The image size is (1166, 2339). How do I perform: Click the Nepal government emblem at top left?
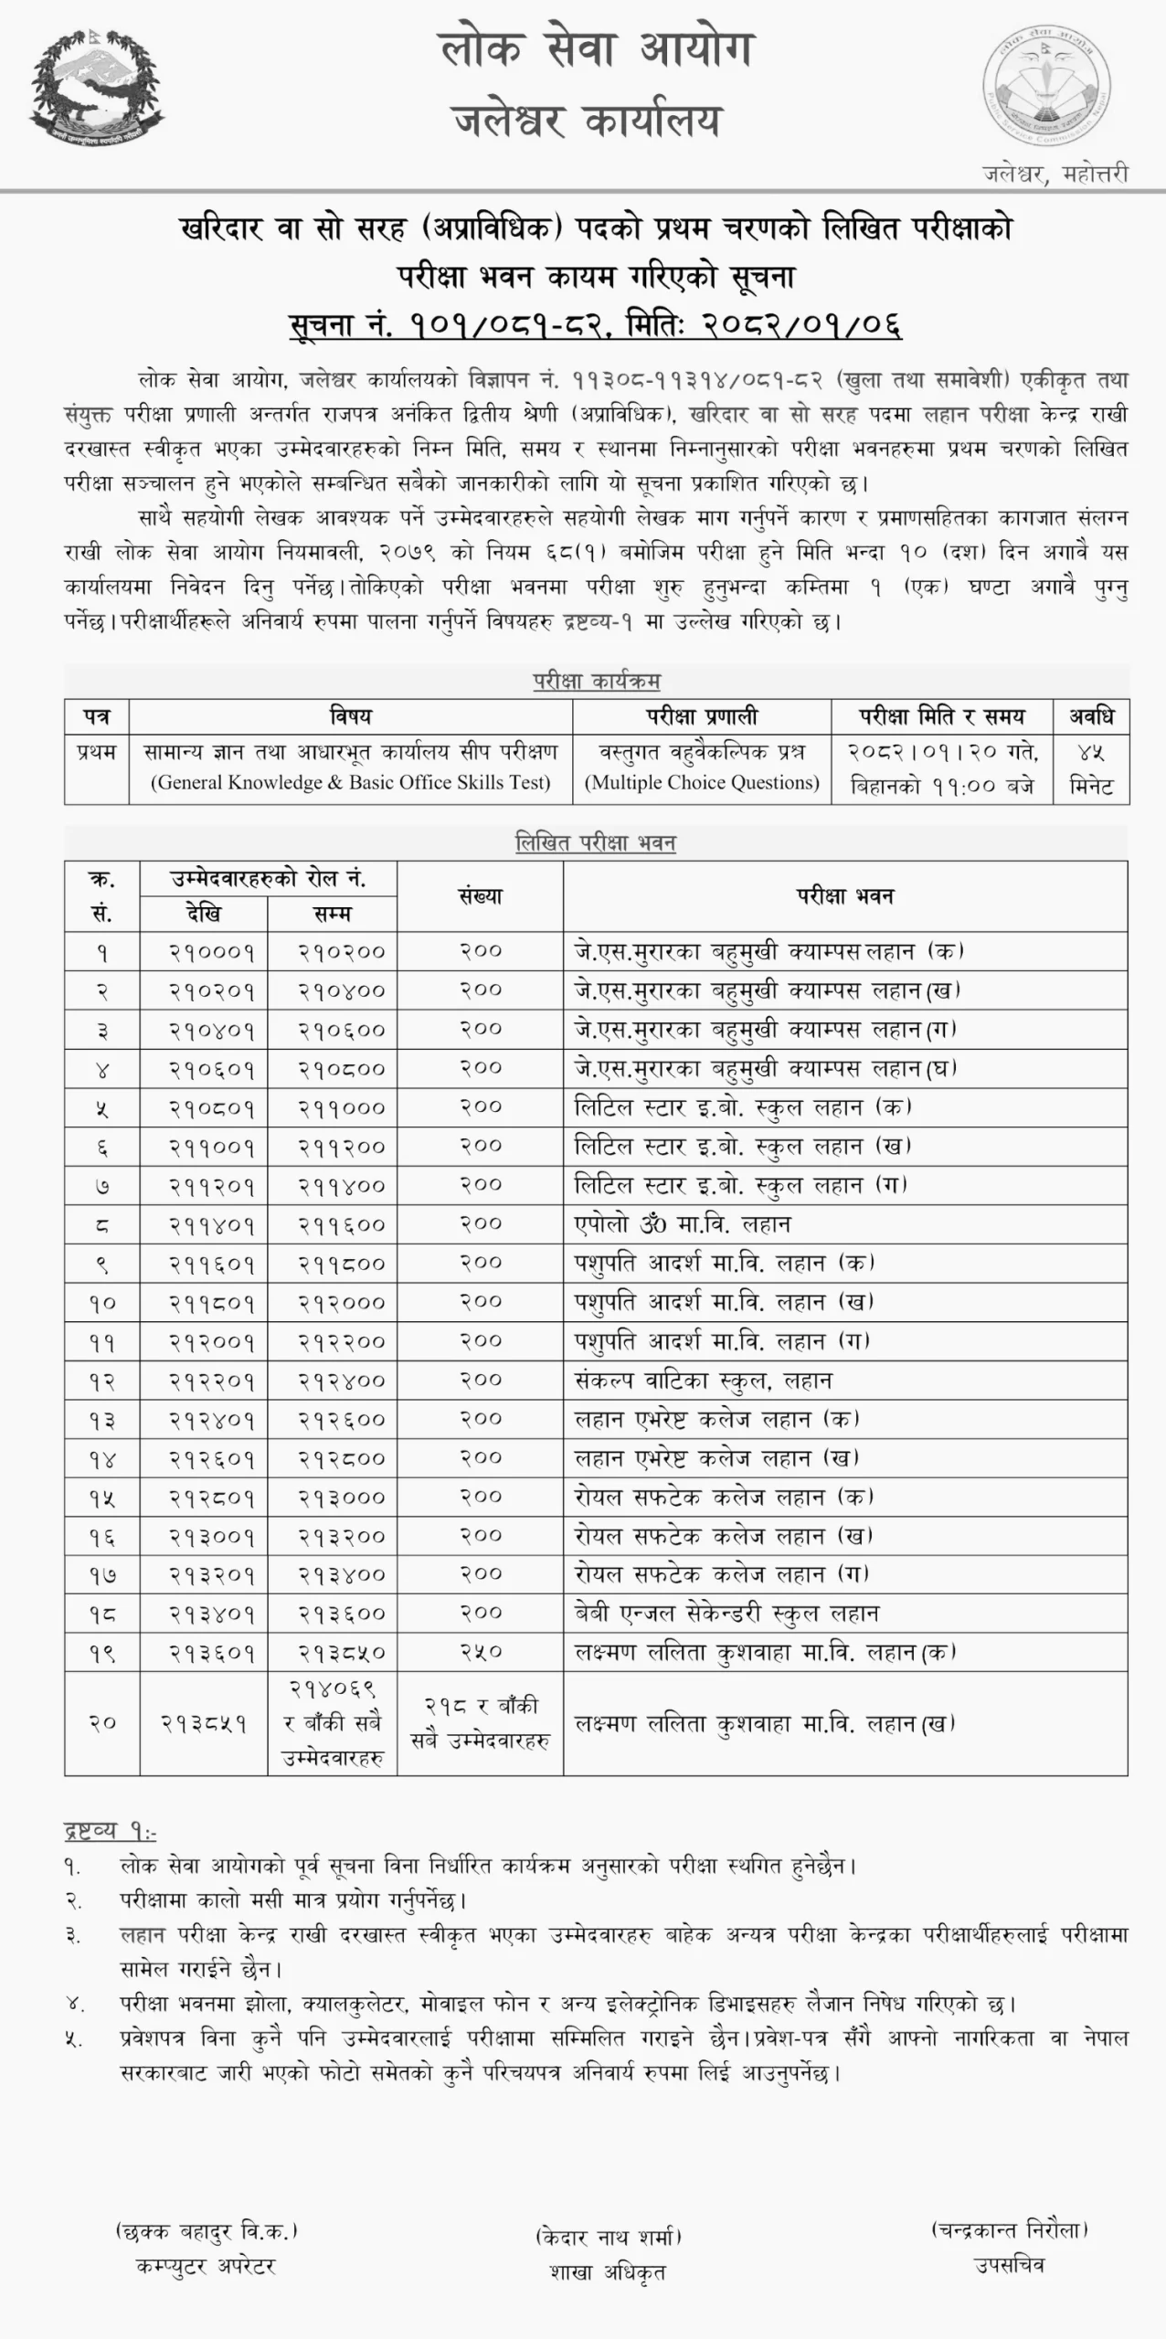98,90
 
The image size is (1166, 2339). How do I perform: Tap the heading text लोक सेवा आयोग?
595,48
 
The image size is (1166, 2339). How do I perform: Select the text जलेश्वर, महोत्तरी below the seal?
1055,174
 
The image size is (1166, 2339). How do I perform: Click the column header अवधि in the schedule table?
1090,716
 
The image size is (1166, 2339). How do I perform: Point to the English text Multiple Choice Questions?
702,783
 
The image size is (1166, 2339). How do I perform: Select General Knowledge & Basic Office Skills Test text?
350,783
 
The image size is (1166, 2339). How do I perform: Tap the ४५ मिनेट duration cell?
1090,768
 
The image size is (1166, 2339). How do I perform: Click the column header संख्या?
480,896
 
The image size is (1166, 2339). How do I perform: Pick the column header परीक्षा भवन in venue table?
844,896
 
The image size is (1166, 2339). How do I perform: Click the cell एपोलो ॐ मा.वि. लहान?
683,1223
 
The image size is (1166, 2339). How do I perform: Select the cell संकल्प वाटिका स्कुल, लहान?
703,1380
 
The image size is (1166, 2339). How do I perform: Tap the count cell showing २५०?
480,1652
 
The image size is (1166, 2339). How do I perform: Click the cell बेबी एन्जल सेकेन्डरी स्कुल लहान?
726,1614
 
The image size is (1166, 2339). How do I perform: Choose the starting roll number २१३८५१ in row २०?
204,1723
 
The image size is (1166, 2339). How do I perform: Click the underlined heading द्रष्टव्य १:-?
111,1830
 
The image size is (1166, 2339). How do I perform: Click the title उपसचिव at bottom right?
1009,2265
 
